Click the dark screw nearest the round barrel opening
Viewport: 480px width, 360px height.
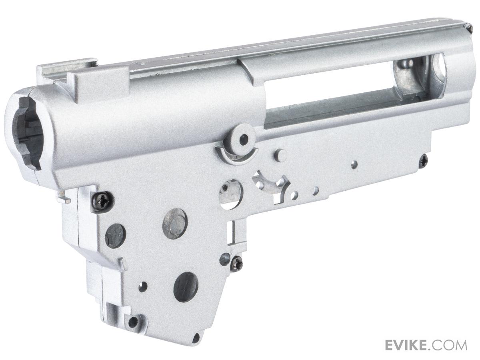point(102,200)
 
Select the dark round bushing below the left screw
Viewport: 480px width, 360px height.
point(116,236)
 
